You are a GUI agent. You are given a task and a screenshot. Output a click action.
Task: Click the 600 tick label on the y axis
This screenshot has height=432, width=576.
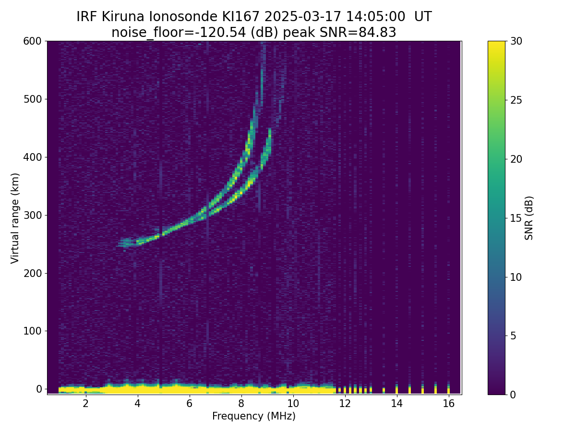(x=33, y=41)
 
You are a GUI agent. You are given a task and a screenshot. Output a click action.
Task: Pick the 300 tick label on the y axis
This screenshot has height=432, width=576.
(x=33, y=215)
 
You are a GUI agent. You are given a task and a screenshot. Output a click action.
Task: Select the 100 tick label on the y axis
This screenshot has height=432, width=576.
(x=33, y=331)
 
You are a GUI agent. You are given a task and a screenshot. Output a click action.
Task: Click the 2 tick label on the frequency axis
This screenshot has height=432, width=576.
(x=85, y=404)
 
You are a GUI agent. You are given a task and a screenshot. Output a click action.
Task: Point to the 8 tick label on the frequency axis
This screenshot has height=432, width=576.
(x=241, y=404)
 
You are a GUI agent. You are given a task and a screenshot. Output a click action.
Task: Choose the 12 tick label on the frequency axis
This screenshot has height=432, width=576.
(x=345, y=404)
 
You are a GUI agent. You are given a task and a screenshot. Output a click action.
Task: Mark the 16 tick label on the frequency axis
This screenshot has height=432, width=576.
(x=449, y=404)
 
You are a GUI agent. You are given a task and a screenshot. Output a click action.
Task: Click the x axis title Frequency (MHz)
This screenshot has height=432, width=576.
(x=254, y=416)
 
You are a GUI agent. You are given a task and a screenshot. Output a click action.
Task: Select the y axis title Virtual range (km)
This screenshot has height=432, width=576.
(x=15, y=218)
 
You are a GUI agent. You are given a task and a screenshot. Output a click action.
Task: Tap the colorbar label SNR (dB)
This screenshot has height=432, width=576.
(x=529, y=218)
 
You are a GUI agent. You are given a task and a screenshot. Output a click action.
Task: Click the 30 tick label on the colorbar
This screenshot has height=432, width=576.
(x=516, y=41)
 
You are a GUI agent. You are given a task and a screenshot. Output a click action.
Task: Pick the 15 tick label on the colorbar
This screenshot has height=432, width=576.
(x=516, y=218)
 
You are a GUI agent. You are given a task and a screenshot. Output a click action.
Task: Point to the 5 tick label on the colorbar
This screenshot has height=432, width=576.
(x=514, y=336)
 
